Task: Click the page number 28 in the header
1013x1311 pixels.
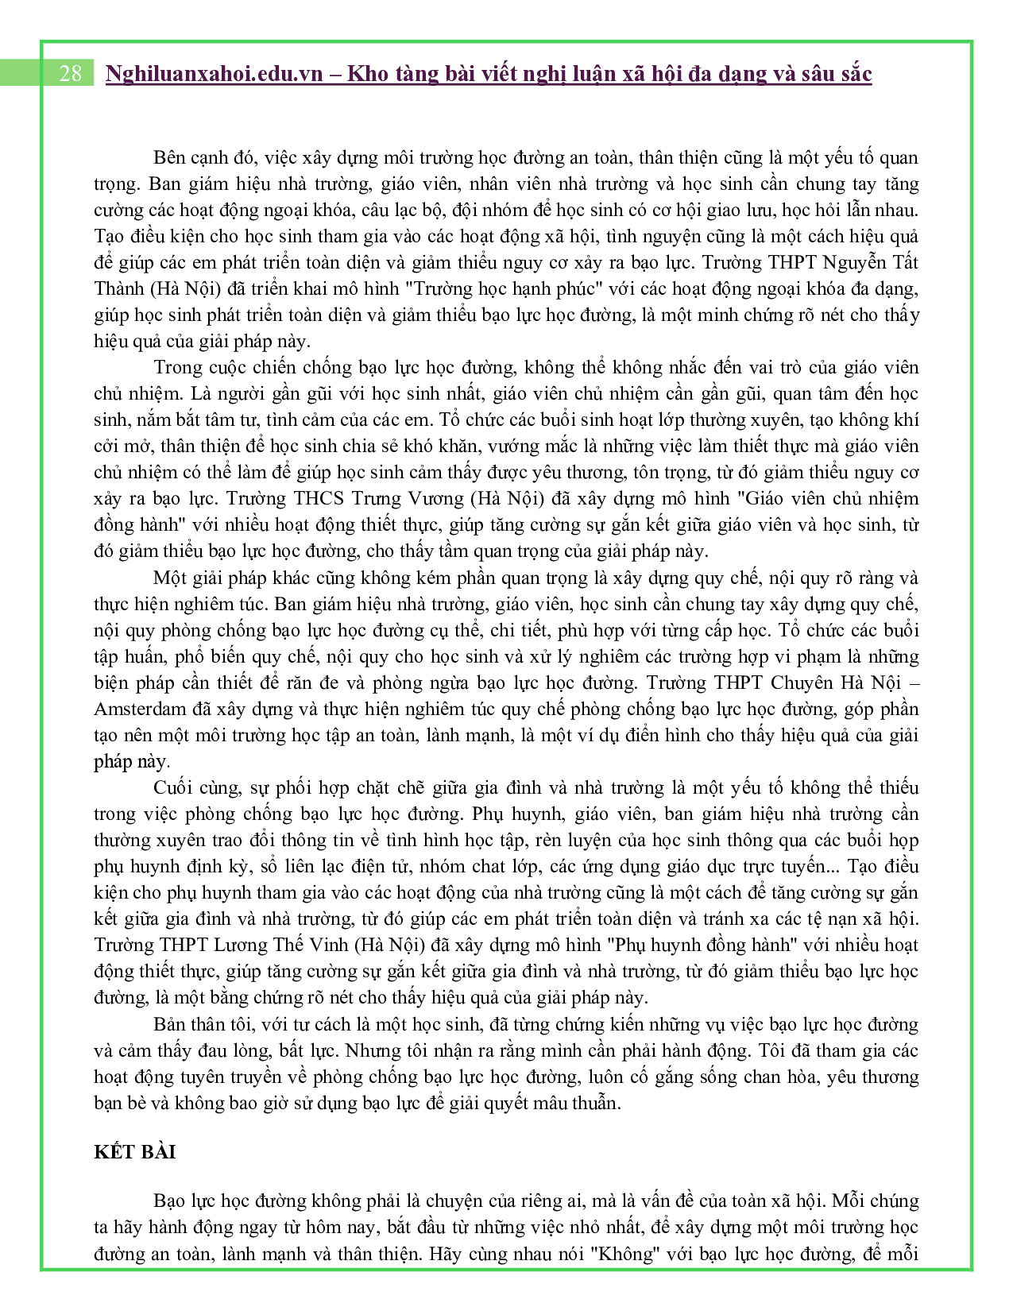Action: point(70,74)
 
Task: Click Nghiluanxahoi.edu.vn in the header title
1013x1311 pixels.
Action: point(214,74)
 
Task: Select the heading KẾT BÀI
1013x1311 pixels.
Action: point(134,1152)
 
